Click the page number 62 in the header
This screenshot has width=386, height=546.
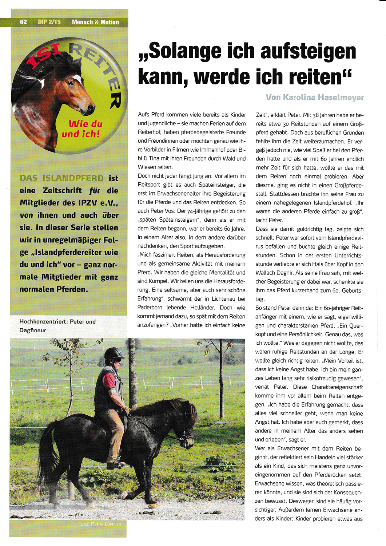pyautogui.click(x=23, y=22)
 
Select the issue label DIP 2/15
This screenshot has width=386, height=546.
pyautogui.click(x=49, y=22)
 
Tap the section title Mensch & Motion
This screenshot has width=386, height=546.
pyautogui.click(x=95, y=22)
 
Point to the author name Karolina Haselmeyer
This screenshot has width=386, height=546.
pyautogui.click(x=323, y=97)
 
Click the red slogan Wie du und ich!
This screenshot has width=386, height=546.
pyautogui.click(x=81, y=129)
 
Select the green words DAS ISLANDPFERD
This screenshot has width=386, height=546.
pyautogui.click(x=62, y=178)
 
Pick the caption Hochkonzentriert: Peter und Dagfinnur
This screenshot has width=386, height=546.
pyautogui.click(x=57, y=326)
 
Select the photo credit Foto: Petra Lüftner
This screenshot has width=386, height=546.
pyautogui.click(x=99, y=524)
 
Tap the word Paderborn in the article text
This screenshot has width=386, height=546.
pyautogui.click(x=150, y=308)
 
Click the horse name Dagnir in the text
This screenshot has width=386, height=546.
pyautogui.click(x=286, y=273)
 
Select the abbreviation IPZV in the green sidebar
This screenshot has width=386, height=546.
pyautogui.click(x=89, y=203)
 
